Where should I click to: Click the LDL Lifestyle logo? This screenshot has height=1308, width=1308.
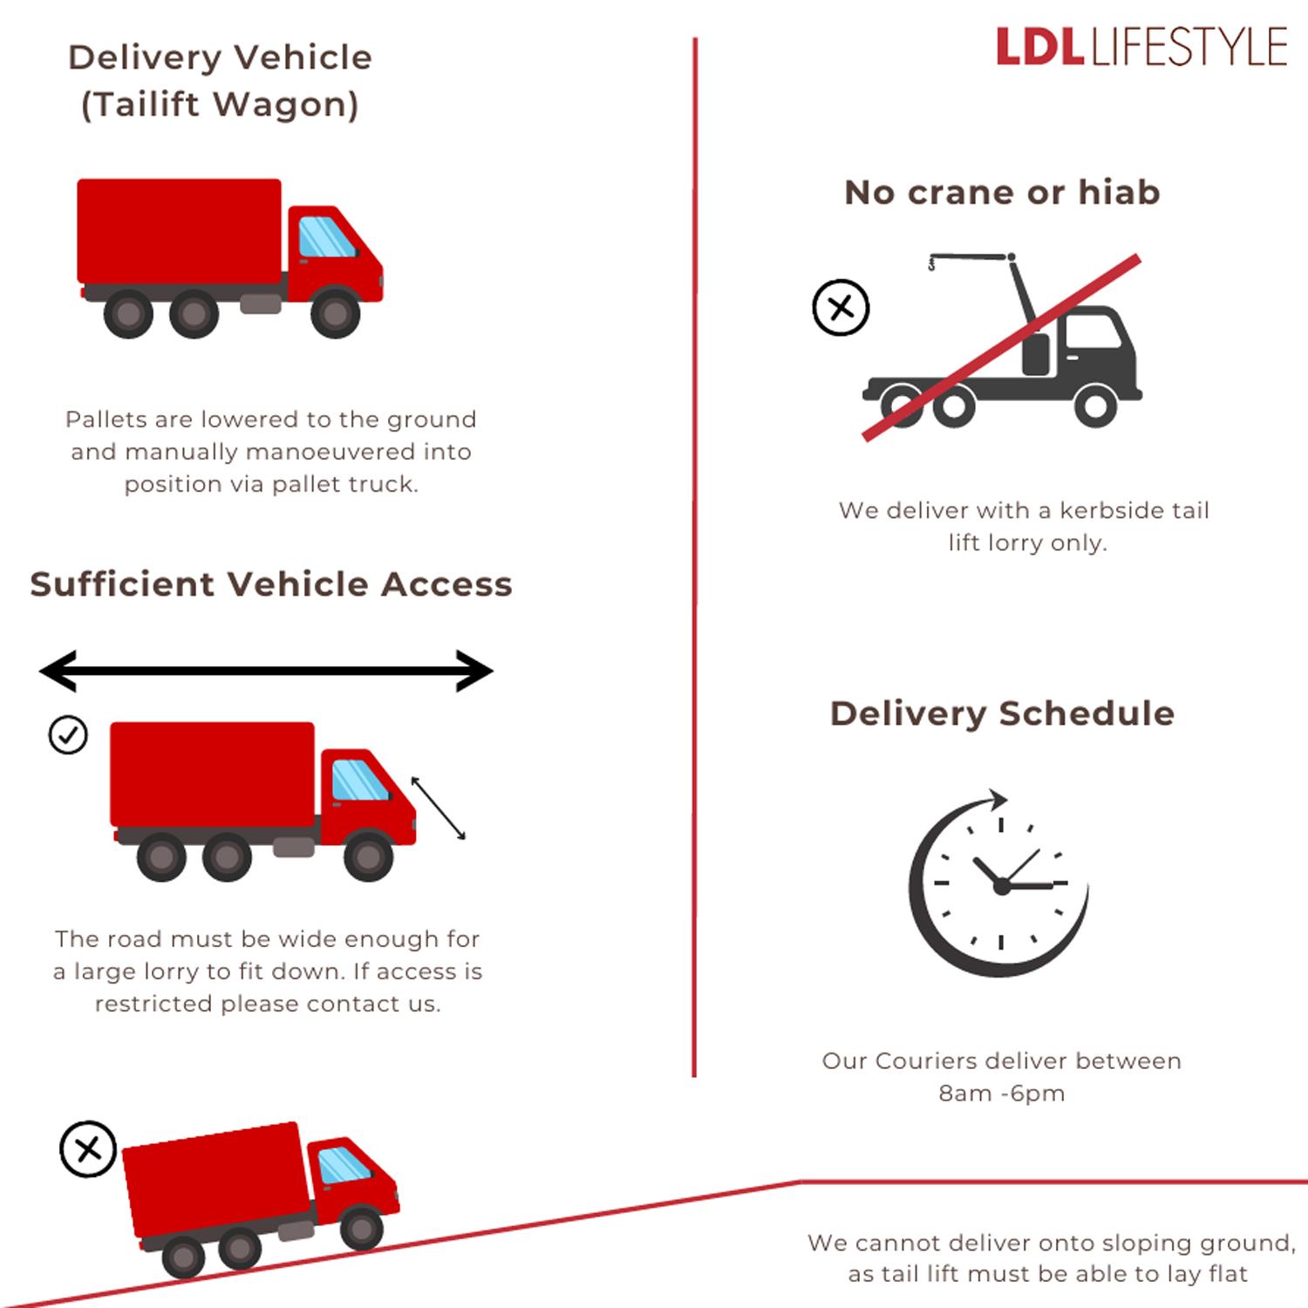coord(1141,47)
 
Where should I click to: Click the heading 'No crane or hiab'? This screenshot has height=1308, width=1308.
coord(1002,193)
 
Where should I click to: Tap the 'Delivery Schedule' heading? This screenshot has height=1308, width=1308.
coord(1002,713)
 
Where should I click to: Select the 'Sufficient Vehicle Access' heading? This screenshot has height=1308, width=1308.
coord(271,584)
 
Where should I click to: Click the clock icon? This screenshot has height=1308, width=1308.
coord(1000,885)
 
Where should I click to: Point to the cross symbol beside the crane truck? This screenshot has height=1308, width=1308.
coord(841,308)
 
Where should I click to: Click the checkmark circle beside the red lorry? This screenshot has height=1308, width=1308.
coord(68,735)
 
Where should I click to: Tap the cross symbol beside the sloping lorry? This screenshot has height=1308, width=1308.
coord(87,1149)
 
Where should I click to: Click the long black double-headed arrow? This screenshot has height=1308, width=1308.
coord(266,671)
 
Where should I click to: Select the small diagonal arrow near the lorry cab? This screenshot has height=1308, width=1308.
coord(438,808)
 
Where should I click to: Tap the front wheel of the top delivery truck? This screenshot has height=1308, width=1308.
coord(335,313)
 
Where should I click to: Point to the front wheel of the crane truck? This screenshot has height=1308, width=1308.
coord(1095,405)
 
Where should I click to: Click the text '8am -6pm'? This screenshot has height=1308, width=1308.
coord(1002,1093)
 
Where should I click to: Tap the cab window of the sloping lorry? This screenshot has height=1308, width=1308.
coord(343,1165)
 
